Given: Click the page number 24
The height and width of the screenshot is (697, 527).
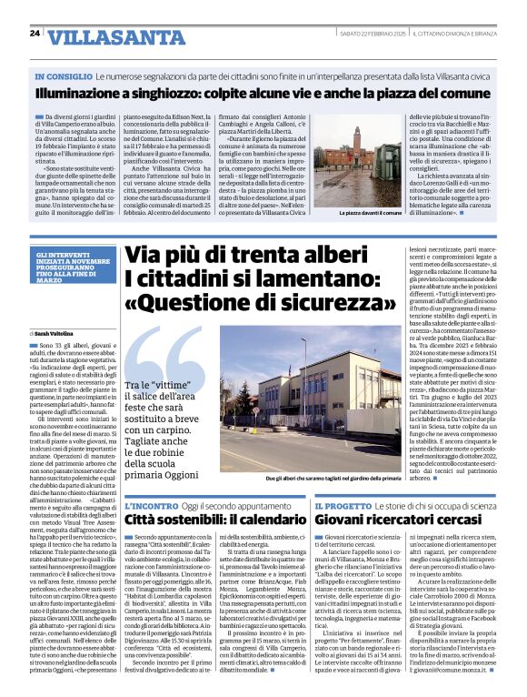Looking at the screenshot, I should click(x=35, y=34).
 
